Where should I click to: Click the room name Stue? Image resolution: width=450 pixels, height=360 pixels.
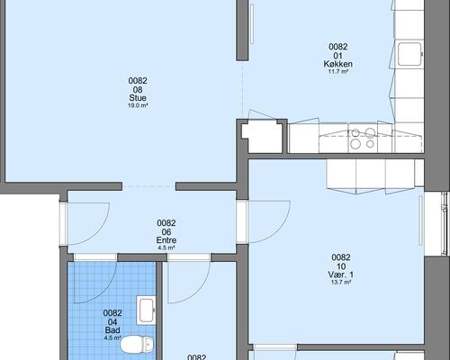point(138,98)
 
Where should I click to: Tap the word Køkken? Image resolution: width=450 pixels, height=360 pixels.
point(337,64)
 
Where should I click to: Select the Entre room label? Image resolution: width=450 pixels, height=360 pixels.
point(166,240)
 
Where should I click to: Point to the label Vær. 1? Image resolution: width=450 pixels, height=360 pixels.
point(341,274)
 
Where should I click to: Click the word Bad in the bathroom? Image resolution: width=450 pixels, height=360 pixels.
point(112,330)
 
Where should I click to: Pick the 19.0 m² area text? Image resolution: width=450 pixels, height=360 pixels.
point(138,105)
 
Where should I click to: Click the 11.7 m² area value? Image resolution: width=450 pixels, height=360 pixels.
point(338,72)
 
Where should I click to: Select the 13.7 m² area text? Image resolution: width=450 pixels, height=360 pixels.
point(341,282)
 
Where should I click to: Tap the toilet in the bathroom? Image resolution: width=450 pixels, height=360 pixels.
point(137,344)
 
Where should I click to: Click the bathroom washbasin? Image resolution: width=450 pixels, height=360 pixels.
point(146,310)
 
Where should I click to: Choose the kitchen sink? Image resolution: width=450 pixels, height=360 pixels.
point(409,54)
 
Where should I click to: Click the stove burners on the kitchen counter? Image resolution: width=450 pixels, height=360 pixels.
point(363,138)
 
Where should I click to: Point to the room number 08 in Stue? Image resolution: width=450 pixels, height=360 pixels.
point(138,89)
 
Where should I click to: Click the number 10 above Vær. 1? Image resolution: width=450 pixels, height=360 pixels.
point(341,266)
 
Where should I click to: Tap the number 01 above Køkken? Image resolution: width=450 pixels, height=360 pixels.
point(338,56)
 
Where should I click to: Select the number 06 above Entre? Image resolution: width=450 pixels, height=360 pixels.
point(166,232)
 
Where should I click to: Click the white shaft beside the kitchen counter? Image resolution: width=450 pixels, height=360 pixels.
point(263,137)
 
